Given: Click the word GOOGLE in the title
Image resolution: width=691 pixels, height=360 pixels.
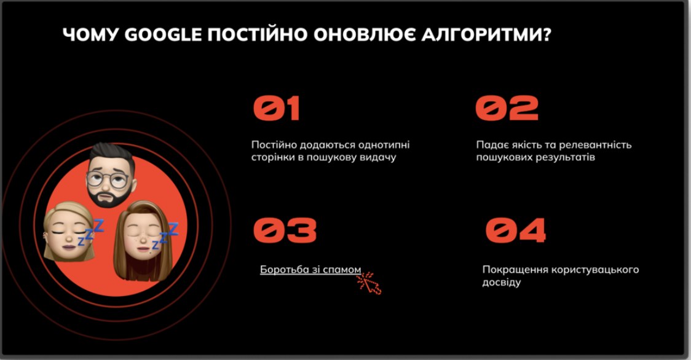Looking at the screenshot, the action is [x=163, y=35].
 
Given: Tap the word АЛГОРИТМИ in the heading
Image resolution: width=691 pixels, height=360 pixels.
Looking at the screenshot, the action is [x=486, y=35].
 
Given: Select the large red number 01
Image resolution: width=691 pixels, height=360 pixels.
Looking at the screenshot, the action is [x=277, y=108].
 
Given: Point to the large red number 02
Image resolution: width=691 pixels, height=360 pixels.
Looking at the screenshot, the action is [x=507, y=108].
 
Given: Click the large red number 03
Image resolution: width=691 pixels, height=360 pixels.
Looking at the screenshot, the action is [x=285, y=230].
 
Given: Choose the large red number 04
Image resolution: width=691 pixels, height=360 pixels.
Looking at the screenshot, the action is [x=516, y=230].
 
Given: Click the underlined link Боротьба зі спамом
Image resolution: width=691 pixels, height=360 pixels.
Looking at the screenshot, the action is [x=310, y=270].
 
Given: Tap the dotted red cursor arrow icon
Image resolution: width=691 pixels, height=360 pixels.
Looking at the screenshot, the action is [x=369, y=283].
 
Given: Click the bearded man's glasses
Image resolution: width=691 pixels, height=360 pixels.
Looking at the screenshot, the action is [x=108, y=179].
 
